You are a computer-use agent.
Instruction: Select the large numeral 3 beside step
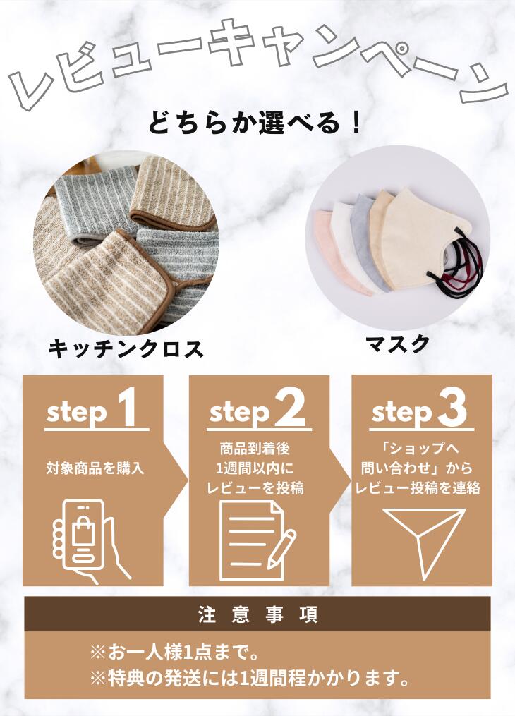tap(452, 408)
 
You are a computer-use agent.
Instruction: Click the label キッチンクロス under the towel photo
tap(126, 349)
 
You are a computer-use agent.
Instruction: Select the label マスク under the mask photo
tap(397, 344)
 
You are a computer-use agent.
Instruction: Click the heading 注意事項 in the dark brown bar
tap(257, 614)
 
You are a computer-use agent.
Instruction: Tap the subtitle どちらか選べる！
tap(256, 121)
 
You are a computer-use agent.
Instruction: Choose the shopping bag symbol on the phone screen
tap(83, 530)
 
